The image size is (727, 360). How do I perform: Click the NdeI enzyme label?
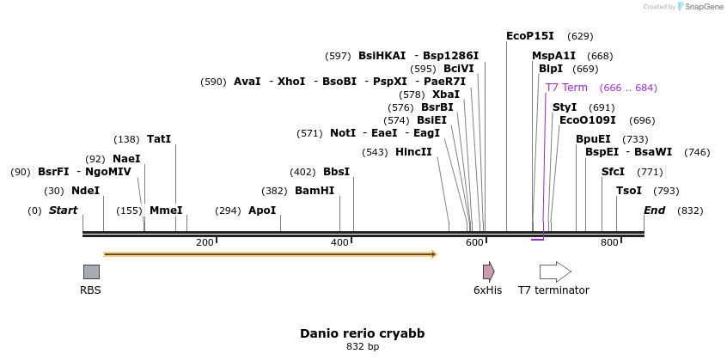coord(85,191)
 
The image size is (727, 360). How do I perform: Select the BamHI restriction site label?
coord(315,191)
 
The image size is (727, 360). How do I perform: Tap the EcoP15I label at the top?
coord(530,36)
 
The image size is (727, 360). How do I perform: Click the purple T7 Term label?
coord(566,88)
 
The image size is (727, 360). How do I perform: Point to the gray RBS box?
coord(91,272)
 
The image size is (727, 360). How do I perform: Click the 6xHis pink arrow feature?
coord(488,272)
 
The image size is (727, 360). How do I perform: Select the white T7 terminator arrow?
coord(555,272)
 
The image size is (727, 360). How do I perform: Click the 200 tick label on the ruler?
coord(205,243)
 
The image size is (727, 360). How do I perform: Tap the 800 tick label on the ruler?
coord(609,243)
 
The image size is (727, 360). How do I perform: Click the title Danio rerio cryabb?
coord(362,333)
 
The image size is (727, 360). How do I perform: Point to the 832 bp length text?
coord(362,346)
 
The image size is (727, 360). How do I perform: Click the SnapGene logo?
coord(700,7)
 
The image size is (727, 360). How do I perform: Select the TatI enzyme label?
coord(159,138)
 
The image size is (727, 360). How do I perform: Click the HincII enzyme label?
coord(413,152)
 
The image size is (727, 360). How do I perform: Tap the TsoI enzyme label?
coord(629,191)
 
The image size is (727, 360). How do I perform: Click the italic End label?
coord(655,211)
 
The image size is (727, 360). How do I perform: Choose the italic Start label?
coord(63,211)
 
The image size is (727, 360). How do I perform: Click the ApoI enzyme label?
coord(262,211)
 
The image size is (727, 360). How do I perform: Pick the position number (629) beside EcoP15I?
coord(580,37)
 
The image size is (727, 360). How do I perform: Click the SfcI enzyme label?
coord(613,171)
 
